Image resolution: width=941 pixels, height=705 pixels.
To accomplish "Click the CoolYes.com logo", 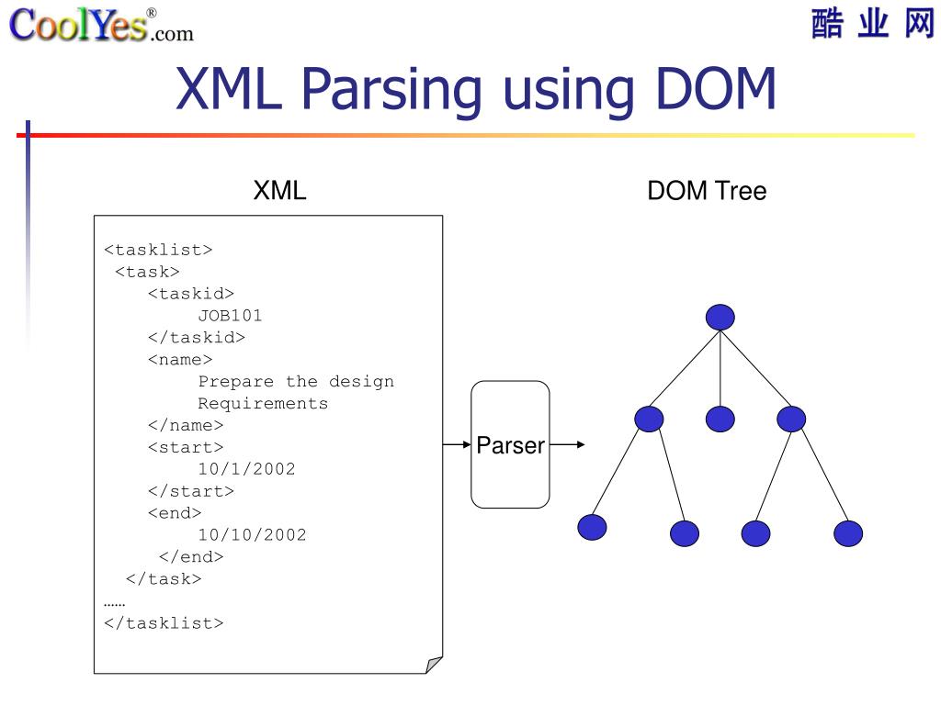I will point(101,25).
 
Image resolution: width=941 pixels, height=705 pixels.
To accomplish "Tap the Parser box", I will point(510,445).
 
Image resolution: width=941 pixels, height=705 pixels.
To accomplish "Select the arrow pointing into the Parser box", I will point(457,445).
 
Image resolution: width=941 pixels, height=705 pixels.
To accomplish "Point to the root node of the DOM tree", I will point(720,318).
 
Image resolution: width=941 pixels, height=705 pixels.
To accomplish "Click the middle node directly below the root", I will point(720,420).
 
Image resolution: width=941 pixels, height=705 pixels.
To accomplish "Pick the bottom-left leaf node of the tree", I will point(593,527).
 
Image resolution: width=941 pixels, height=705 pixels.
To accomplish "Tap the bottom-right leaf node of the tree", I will point(848,533).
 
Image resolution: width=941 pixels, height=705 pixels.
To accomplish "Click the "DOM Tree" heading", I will point(707,191).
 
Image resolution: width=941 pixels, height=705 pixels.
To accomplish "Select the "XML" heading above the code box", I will point(279,191).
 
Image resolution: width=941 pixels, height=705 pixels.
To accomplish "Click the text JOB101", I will point(231,316).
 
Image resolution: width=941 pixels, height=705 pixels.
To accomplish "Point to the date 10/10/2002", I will point(252,534).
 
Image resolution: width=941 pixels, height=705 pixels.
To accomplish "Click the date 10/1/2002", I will point(246,469).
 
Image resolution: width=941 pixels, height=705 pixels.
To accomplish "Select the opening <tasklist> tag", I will point(158,250).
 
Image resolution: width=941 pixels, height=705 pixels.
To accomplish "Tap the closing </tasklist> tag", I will point(164,622).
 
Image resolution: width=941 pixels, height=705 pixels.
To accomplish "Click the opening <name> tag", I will point(180,360).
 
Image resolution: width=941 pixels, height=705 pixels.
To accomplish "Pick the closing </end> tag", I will point(191,556).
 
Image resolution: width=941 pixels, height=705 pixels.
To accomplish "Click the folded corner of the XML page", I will point(434,665).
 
